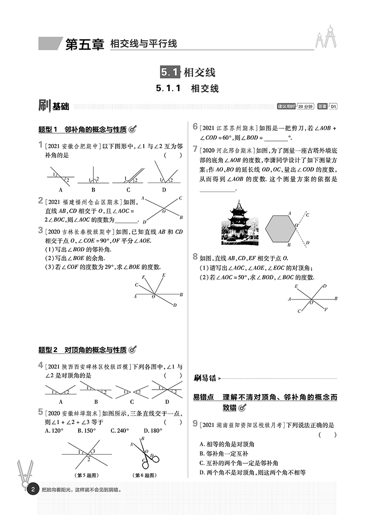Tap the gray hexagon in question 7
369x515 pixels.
[x=280, y=228]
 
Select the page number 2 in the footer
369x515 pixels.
[x=32, y=490]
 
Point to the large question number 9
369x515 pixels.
[x=195, y=423]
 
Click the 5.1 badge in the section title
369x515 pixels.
[x=171, y=72]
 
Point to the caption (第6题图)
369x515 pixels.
[x=145, y=475]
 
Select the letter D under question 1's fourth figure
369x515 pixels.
[x=164, y=189]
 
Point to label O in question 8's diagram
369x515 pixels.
[x=311, y=303]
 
